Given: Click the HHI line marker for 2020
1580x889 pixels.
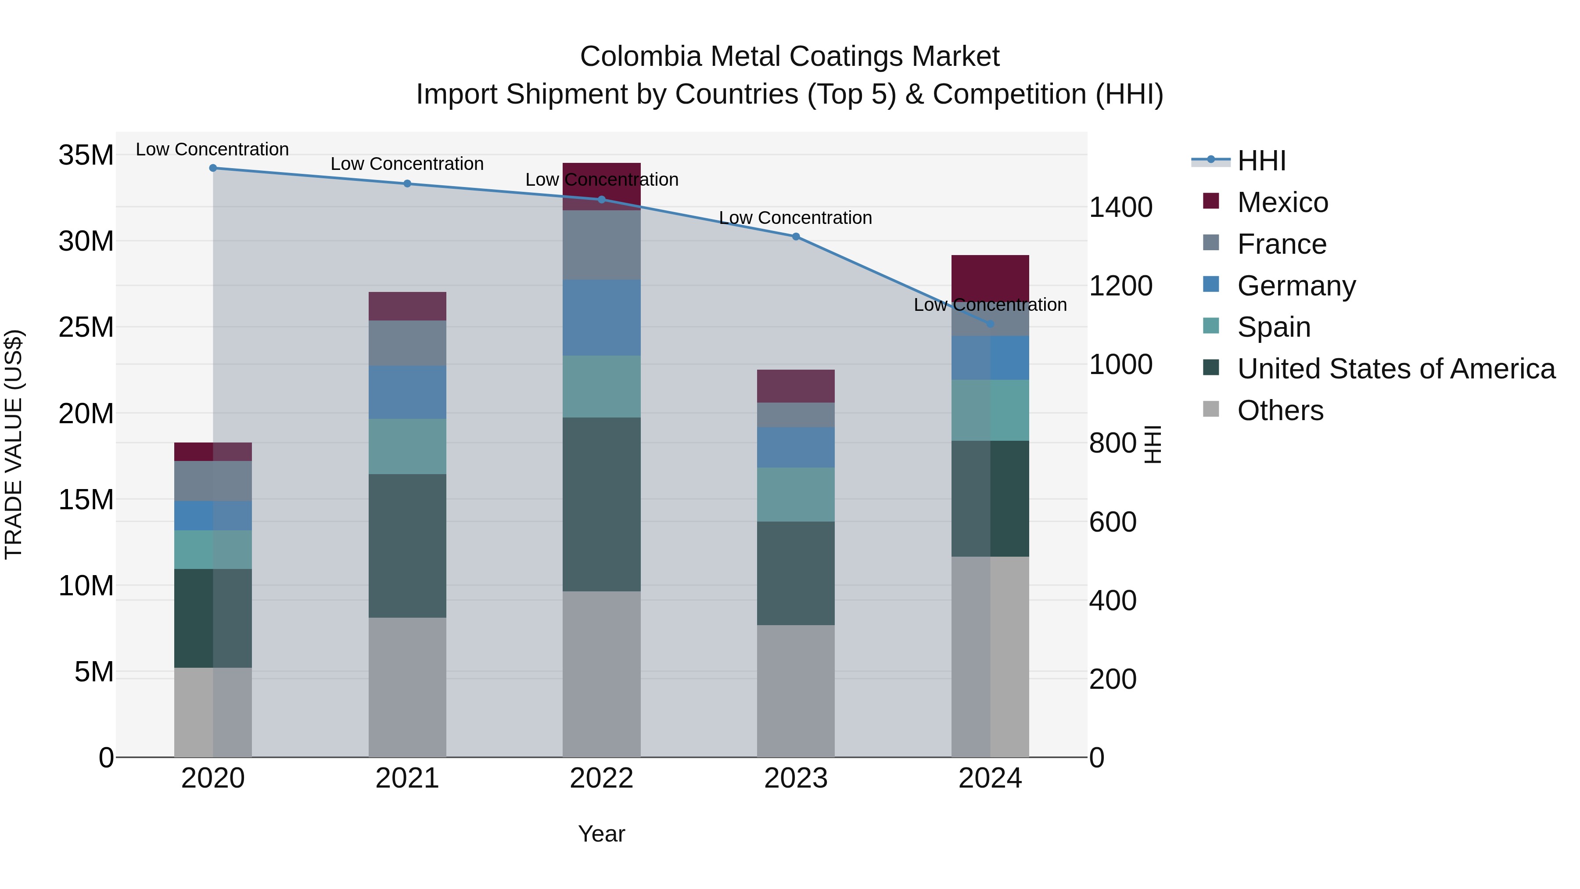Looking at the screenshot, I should [x=213, y=168].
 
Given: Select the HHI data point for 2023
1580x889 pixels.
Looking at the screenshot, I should [x=796, y=236].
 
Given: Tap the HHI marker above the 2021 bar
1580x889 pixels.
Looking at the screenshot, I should [x=407, y=184].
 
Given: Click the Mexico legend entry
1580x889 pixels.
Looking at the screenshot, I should [x=1282, y=202].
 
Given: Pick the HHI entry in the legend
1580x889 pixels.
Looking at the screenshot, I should [x=1261, y=161].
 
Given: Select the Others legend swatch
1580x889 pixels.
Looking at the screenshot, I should [x=1211, y=409].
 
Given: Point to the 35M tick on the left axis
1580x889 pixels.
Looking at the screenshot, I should [x=86, y=155].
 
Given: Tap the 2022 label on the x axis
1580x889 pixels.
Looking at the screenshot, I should [x=601, y=778].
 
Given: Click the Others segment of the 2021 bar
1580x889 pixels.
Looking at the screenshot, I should [x=407, y=687].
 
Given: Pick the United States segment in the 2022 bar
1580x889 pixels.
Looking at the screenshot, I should [x=601, y=504].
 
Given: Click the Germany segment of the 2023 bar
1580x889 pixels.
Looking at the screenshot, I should [x=796, y=447].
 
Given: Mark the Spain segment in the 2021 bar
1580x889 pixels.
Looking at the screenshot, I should [x=407, y=446].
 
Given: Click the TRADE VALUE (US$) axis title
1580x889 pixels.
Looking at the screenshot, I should [x=14, y=444].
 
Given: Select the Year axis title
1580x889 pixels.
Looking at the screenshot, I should [x=601, y=834].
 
